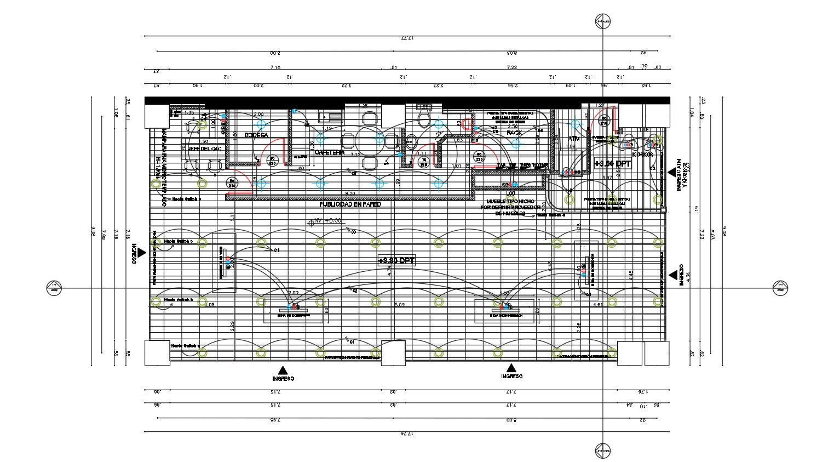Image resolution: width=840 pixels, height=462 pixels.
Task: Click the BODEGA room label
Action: click(256, 135)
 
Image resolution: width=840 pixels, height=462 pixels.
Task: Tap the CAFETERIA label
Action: click(329, 152)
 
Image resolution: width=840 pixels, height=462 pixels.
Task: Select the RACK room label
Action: click(514, 133)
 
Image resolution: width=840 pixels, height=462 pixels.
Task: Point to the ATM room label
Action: click(573, 139)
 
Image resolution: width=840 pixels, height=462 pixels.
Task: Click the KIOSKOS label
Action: click(642, 155)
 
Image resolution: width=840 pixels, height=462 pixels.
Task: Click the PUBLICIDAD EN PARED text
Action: click(350, 204)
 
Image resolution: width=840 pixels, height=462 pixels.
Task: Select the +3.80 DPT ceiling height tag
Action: click(396, 261)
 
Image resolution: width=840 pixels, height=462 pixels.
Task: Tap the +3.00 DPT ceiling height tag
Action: click(612, 163)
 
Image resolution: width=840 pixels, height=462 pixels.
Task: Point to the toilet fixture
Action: click(423, 119)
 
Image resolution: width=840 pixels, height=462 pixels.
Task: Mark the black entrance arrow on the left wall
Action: click(142, 252)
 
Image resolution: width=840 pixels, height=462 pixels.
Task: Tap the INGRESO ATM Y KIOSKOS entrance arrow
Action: click(671, 172)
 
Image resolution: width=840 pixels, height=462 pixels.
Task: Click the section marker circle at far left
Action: click(54, 287)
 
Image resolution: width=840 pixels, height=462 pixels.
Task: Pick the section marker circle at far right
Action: click(780, 287)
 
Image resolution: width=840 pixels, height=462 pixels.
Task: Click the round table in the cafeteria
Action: click(370, 140)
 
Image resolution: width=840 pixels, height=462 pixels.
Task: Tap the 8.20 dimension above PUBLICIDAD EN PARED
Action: click(350, 193)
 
